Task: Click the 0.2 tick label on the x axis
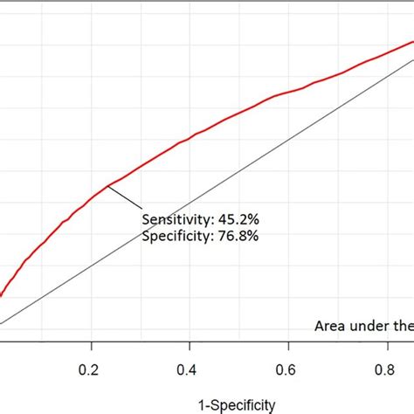pos(90,370)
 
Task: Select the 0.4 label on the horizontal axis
pos(187,370)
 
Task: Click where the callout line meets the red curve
pos(108,185)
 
